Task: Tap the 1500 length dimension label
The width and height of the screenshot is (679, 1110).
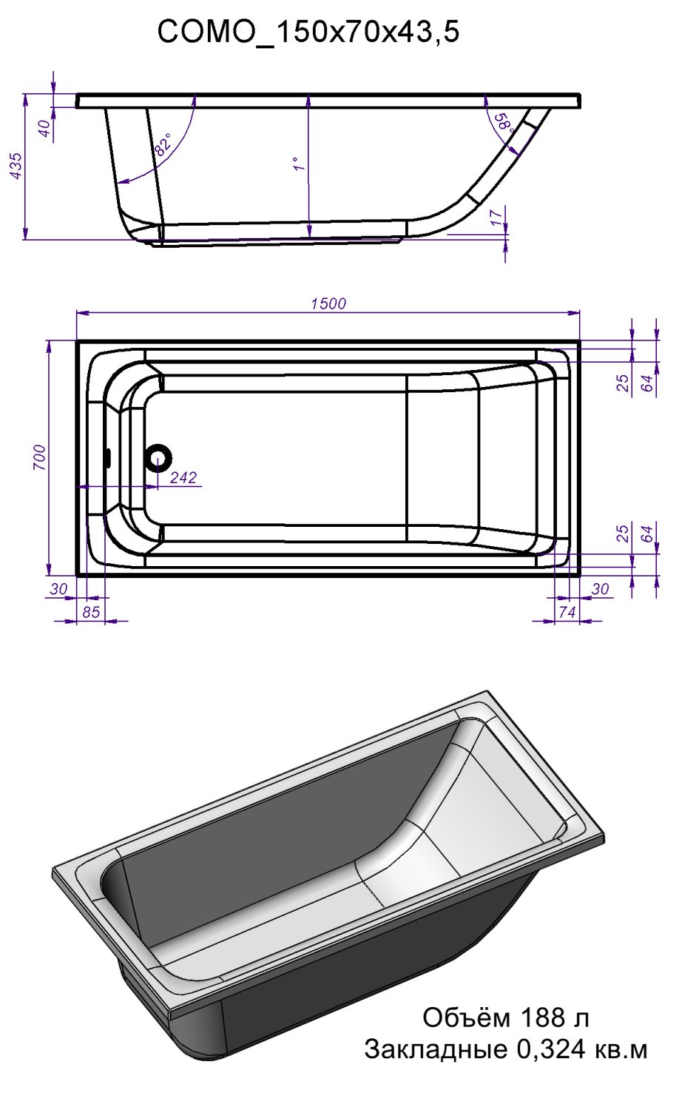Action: (328, 303)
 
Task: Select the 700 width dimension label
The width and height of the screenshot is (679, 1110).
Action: (39, 458)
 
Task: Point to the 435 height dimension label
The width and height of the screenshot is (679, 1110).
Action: (17, 166)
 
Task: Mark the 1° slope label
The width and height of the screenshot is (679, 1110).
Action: (297, 164)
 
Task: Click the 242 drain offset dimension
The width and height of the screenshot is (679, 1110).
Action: (183, 477)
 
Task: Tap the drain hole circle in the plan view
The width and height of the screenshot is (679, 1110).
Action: (158, 457)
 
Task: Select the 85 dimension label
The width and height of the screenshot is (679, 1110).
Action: (91, 612)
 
